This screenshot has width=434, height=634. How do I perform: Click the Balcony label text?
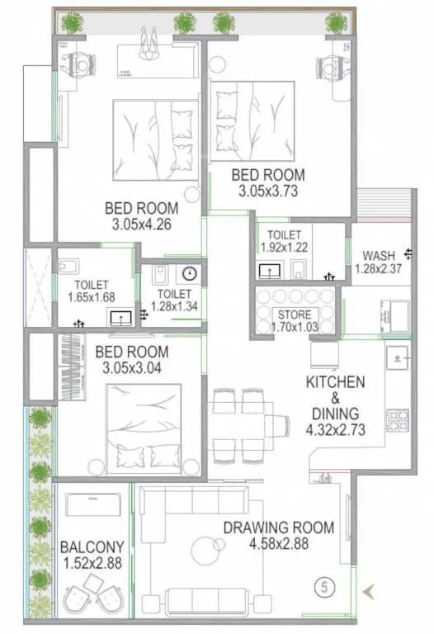click(92, 546)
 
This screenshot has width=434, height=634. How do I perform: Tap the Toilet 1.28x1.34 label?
click(174, 299)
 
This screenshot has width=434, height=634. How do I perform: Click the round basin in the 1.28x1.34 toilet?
click(189, 274)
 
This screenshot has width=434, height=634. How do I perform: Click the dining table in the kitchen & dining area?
click(241, 425)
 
